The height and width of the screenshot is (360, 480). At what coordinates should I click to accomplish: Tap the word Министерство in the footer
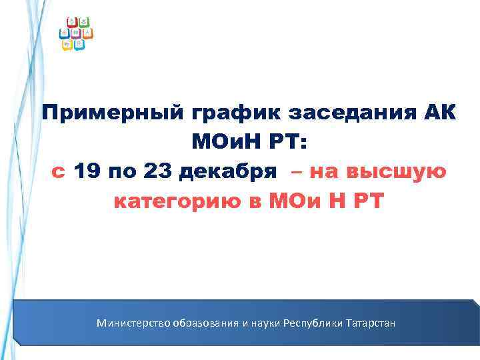[133, 323]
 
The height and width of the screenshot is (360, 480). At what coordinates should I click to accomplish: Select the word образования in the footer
[206, 323]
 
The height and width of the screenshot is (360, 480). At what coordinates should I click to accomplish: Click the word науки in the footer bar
[263, 323]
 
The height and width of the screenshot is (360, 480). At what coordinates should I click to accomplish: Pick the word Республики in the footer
[312, 323]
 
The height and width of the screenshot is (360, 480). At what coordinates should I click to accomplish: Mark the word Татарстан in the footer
[370, 323]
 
